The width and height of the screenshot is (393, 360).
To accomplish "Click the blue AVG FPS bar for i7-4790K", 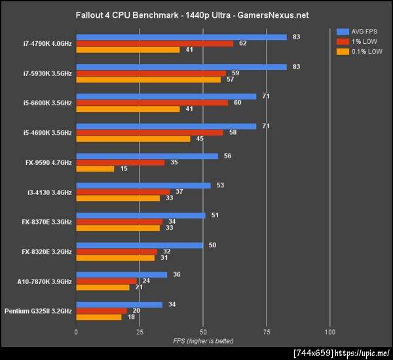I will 181,37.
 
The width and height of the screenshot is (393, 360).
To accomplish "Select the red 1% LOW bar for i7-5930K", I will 151,73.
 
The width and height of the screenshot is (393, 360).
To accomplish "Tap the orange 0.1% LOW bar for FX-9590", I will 95,169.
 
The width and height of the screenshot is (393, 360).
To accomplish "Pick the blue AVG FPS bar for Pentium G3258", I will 119,304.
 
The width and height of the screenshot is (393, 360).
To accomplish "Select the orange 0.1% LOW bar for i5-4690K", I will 133,139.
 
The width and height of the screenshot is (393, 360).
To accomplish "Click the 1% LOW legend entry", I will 358,41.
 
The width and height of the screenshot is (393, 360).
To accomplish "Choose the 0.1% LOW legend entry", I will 360,51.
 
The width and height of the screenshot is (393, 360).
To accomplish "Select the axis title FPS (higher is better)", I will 202,341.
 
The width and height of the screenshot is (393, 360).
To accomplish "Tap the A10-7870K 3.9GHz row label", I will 45,281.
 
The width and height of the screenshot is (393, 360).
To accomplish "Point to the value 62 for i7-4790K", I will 242,44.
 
